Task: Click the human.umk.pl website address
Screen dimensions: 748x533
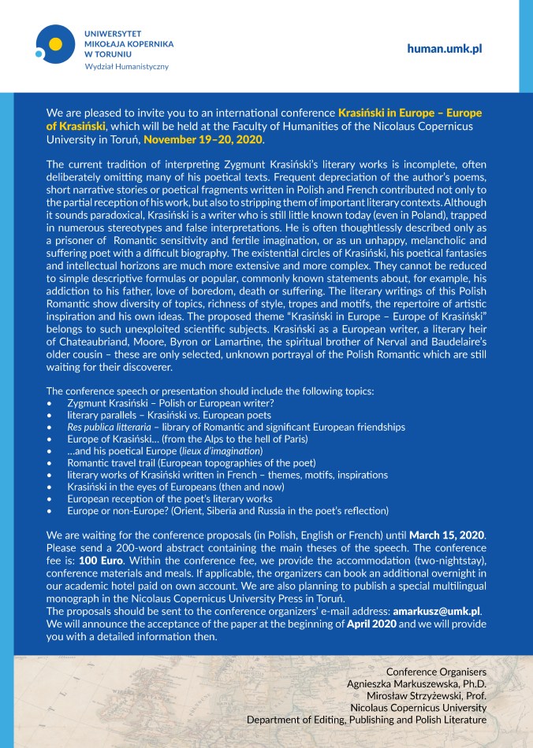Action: (x=444, y=49)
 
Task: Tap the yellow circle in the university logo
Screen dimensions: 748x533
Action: (x=55, y=43)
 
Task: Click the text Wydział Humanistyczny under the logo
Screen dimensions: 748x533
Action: (x=126, y=66)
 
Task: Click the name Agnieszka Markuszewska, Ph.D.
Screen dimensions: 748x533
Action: (x=416, y=683)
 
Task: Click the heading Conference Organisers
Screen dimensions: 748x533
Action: (x=436, y=672)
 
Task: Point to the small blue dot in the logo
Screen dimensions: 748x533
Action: (x=39, y=54)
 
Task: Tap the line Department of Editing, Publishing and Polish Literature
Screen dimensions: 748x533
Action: (x=367, y=719)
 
